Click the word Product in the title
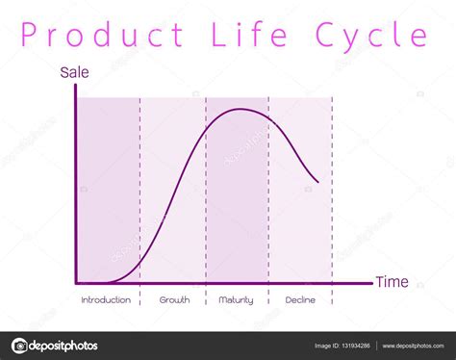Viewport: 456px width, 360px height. (102, 34)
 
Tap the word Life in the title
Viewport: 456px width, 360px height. (249, 34)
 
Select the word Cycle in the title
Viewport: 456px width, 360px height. (371, 36)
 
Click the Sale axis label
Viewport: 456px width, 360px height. (74, 72)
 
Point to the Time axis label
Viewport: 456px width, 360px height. (393, 282)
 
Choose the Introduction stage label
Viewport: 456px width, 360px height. (106, 300)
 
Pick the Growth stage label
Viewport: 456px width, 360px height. (174, 300)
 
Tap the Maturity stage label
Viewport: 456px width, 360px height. (236, 300)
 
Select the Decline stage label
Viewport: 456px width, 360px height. (300, 300)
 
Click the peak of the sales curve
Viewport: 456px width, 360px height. (241, 110)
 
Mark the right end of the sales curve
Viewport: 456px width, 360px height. (318, 182)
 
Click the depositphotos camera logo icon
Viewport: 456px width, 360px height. (19, 346)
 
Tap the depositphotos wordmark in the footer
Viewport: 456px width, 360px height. (63, 346)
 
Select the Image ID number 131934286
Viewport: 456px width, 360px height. (355, 346)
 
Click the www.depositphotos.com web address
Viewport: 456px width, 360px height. (413, 346)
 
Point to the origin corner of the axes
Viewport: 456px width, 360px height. (76, 283)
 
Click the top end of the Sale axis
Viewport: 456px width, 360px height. (76, 85)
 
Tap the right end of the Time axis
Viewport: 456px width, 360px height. (372, 283)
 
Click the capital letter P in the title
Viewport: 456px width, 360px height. (28, 35)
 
